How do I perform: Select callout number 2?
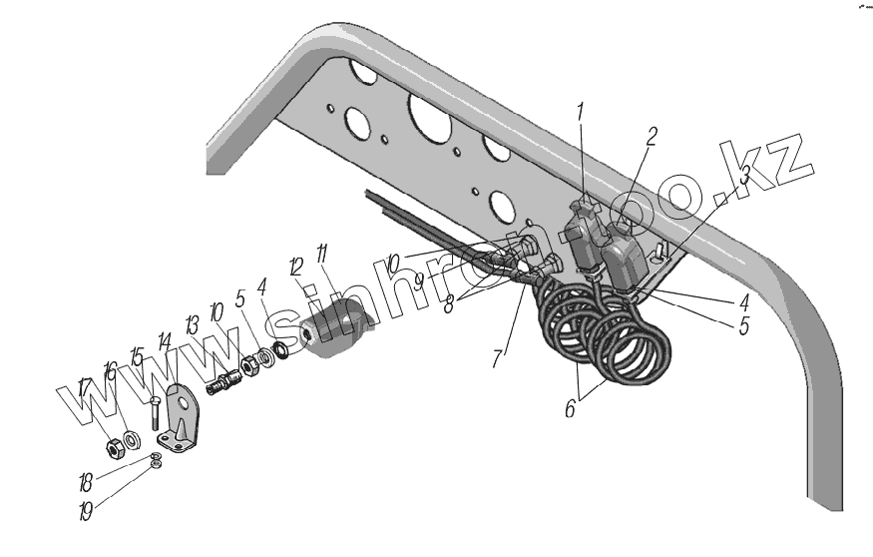click(651, 138)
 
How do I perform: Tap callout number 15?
click(137, 356)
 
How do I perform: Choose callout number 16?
click(110, 371)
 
